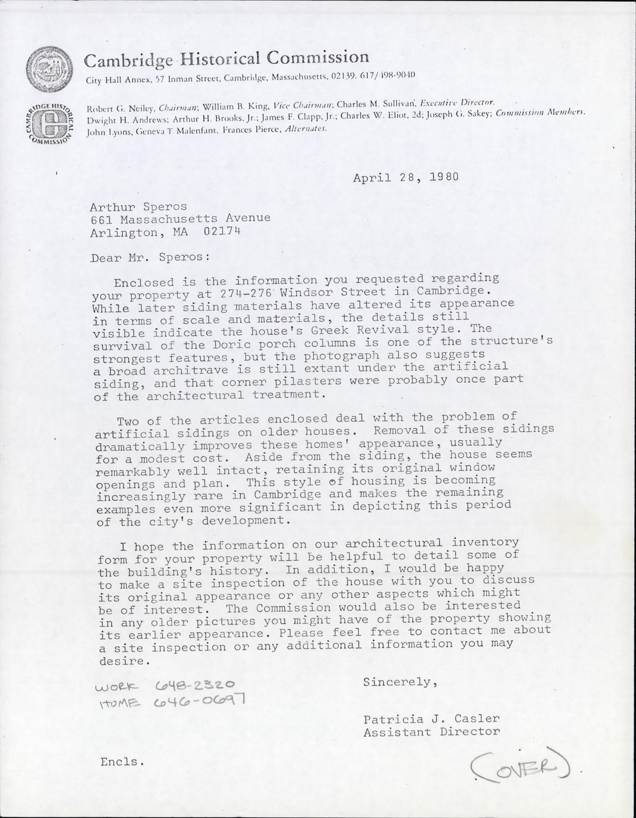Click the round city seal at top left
50,69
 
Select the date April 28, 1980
405,177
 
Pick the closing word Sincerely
400,682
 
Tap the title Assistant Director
432,731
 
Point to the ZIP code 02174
221,231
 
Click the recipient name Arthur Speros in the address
138,207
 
